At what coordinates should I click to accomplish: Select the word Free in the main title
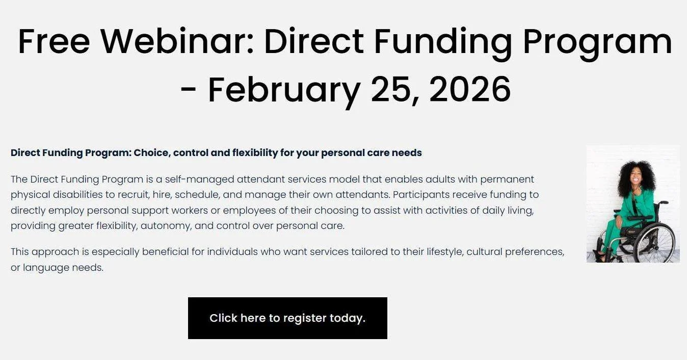[x=54, y=41]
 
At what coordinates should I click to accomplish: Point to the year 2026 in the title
[x=470, y=89]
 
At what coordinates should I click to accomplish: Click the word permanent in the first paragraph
[x=507, y=179]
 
